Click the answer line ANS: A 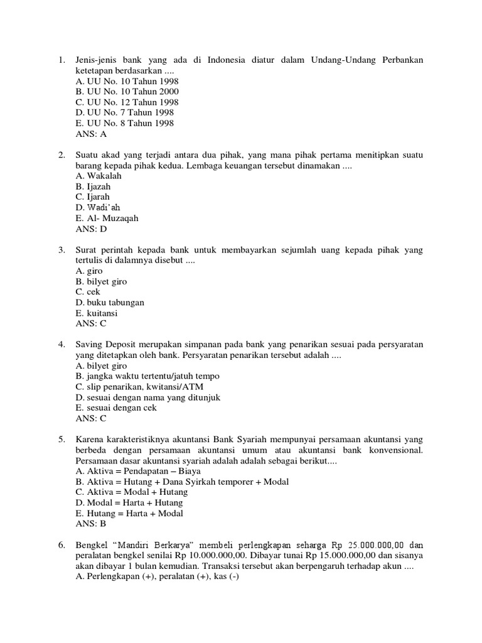tap(91, 134)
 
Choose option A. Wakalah tap(98, 176)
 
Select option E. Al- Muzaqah tap(106, 219)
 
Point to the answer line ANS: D tap(91, 229)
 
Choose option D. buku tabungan tap(110, 303)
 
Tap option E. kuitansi tap(97, 313)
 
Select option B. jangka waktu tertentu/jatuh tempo tap(147, 376)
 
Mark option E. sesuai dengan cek tap(115, 408)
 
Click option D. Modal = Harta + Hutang tap(129, 502)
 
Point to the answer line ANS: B tap(91, 524)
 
